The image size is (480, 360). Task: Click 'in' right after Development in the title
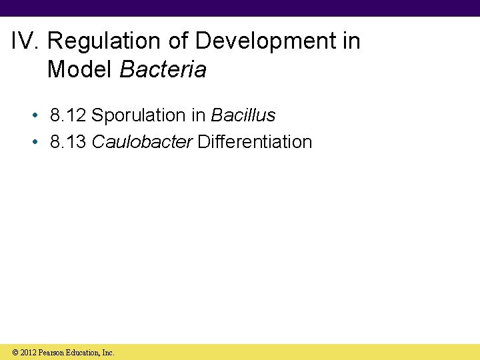point(351,41)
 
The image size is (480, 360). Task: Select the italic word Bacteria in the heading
point(163,69)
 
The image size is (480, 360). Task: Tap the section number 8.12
point(68,115)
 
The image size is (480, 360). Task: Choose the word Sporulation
point(139,115)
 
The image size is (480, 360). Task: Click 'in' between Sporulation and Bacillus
point(199,115)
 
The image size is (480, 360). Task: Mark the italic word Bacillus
point(243,115)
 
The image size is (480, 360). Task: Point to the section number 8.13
point(68,142)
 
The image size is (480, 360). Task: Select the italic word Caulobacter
point(142,142)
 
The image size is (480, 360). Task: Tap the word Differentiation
point(255,142)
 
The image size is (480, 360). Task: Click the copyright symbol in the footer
point(15,353)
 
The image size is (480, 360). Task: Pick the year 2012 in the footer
point(28,353)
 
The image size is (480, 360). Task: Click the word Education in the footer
point(85,353)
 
